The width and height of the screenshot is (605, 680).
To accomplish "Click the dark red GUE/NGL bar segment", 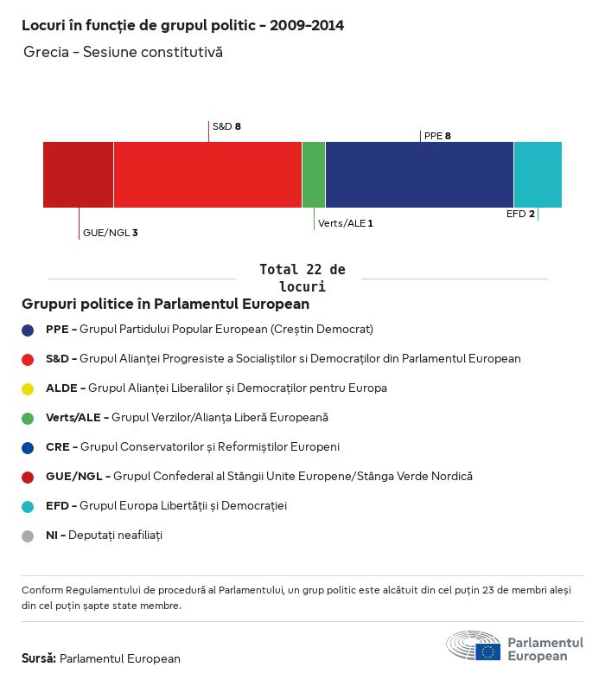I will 78,175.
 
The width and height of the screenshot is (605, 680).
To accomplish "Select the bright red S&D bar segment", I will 207,175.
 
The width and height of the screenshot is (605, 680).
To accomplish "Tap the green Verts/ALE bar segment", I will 314,175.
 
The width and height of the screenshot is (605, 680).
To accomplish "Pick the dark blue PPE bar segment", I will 419,175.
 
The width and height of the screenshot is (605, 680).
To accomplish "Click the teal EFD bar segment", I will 538,175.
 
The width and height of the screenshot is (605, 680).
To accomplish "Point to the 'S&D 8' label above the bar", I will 226,126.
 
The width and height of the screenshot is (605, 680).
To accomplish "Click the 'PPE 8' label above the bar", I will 437,136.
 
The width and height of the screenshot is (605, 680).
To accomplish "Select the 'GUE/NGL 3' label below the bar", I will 110,233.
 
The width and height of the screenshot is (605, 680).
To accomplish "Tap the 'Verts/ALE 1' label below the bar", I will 346,223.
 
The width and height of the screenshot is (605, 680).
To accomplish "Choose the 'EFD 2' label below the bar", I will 520,214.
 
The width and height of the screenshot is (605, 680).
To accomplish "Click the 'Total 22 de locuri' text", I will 302,278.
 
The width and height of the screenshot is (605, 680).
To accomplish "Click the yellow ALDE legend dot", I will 28,388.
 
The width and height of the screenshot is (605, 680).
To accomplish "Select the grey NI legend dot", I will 28,536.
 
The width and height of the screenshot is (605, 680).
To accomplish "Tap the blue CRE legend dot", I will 28,447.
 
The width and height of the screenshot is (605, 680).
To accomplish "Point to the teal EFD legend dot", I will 28,506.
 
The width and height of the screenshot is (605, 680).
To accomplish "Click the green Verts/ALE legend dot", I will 28,418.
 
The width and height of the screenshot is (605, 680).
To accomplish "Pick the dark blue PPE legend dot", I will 28,330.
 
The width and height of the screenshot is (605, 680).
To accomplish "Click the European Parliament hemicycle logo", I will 473,646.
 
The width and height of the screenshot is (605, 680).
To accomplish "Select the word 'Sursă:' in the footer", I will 39,658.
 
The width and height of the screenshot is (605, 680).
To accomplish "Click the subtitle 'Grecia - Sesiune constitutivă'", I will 123,53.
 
